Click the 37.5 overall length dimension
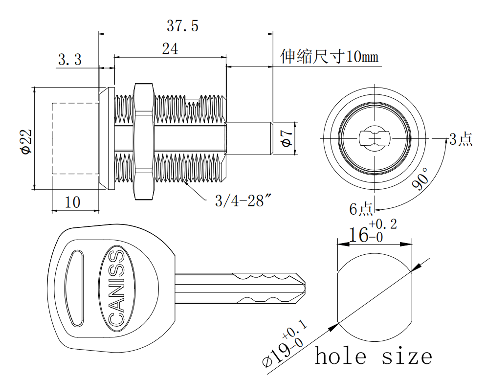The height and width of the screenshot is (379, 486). (182, 26)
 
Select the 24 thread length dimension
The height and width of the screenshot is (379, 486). (170, 48)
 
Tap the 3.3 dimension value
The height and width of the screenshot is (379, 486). (69, 60)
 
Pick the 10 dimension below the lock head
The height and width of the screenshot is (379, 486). (72, 202)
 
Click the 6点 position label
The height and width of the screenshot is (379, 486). (361, 209)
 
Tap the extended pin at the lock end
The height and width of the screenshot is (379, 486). (249, 139)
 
